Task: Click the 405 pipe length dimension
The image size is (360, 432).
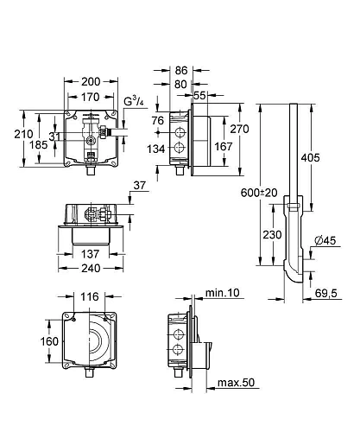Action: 313,158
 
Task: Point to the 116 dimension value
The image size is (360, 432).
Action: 88,296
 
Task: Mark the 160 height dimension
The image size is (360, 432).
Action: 50,341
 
